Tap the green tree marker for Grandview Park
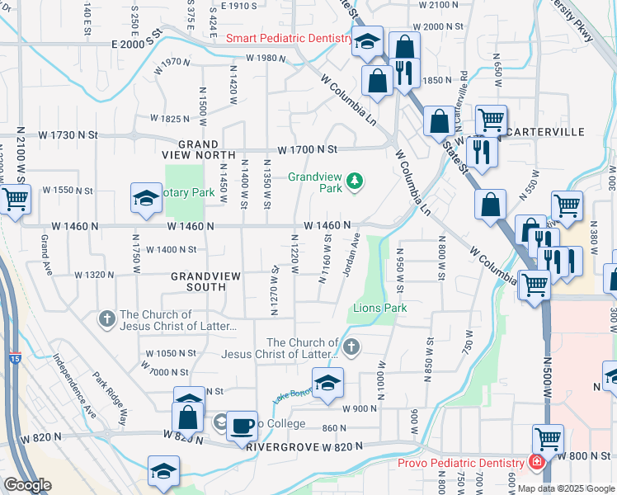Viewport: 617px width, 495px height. tap(356, 181)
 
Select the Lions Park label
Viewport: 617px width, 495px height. tap(380, 308)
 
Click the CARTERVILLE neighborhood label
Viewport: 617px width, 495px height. tap(547, 132)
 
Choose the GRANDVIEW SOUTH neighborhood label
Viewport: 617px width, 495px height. tap(198, 280)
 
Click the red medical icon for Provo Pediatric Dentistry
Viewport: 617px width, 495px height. tap(537, 464)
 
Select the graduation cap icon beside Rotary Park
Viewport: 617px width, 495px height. tap(146, 199)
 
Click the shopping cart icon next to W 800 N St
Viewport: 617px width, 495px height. tap(548, 437)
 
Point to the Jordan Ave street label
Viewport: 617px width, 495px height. tap(351, 257)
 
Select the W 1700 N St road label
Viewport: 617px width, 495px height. tap(308, 149)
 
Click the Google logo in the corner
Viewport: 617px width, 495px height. tap(27, 485)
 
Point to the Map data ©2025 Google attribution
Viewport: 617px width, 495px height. tap(567, 488)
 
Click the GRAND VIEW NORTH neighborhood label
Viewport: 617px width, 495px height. tap(198, 148)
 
